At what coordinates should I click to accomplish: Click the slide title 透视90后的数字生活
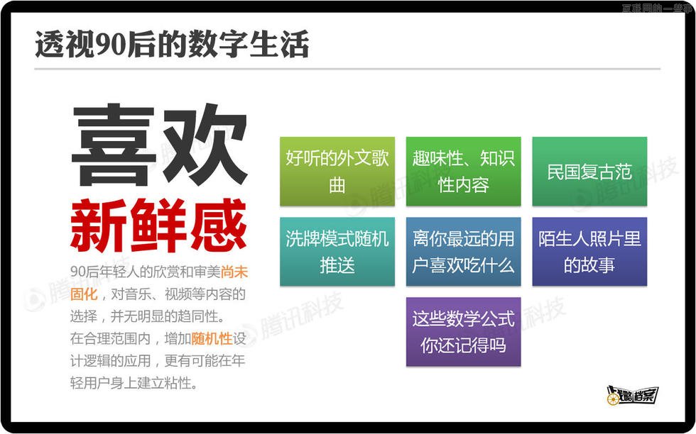click(172, 44)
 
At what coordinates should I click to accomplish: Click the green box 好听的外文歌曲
click(337, 172)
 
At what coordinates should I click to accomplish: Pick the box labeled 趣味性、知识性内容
click(463, 172)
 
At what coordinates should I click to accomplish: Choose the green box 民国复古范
click(589, 172)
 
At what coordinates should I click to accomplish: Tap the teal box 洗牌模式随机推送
click(337, 252)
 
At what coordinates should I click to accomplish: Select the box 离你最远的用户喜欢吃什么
click(463, 252)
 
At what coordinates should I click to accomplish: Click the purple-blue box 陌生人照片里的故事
click(589, 252)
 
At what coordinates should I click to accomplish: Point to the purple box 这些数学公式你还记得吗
click(463, 332)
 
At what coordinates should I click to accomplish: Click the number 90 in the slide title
click(111, 45)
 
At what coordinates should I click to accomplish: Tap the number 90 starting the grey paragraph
click(77, 272)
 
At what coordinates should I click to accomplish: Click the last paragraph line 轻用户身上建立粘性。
click(134, 383)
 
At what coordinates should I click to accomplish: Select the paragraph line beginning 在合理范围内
click(158, 338)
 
